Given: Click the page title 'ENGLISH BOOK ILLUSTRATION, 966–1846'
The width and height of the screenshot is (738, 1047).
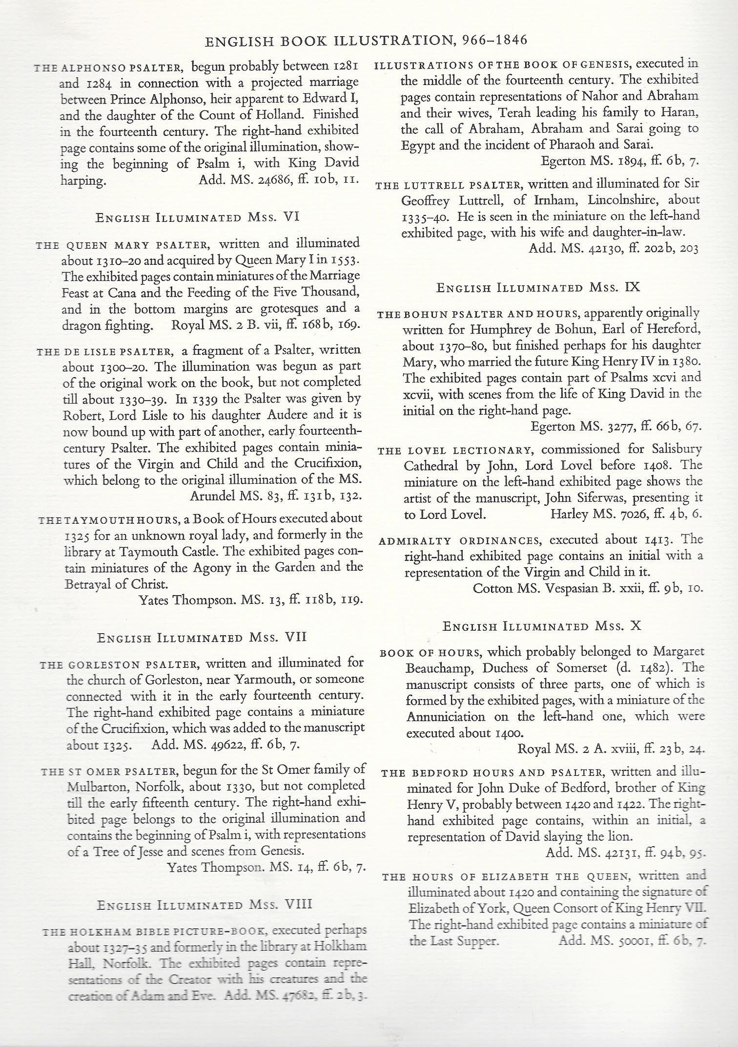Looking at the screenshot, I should [366, 40].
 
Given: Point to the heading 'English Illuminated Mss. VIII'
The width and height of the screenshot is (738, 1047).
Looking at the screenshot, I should [205, 904].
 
